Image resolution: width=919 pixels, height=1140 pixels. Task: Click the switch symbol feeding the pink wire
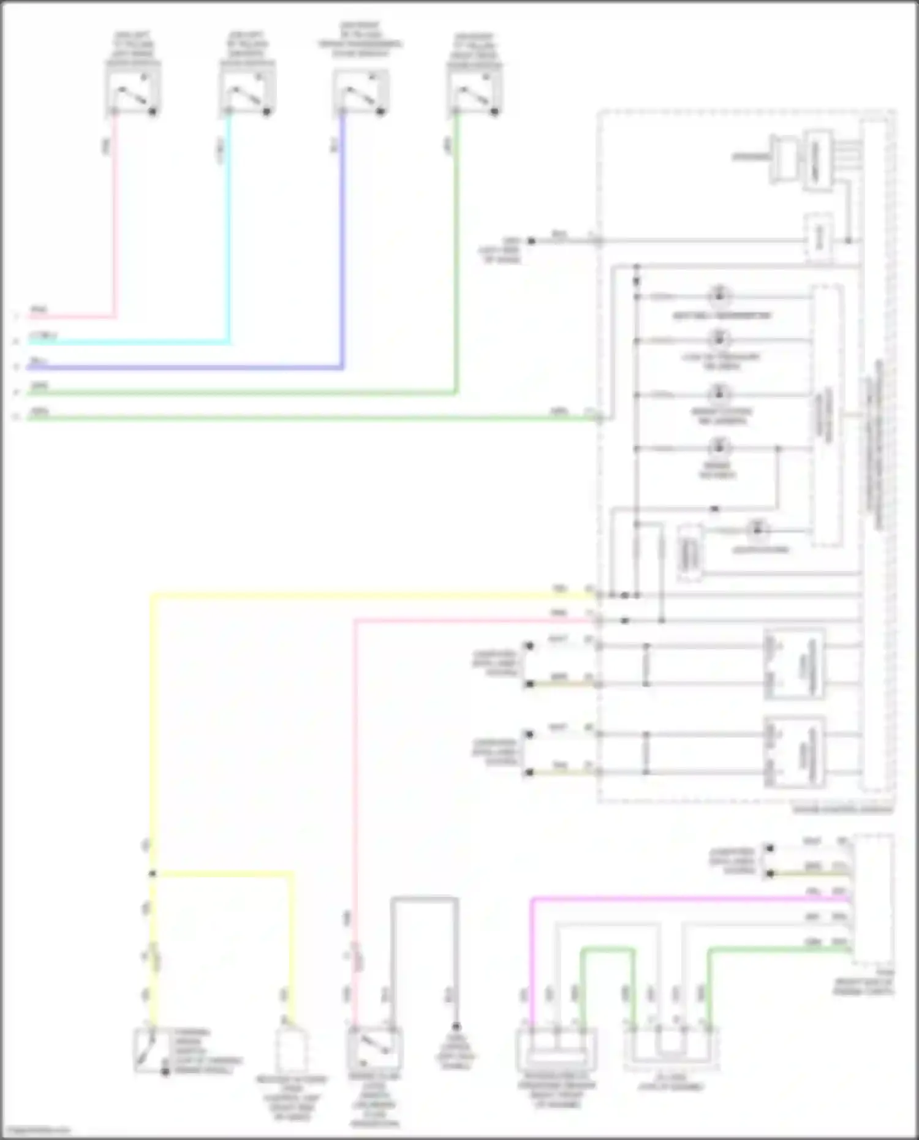(x=133, y=91)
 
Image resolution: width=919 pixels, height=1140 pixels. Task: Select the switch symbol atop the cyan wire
(x=247, y=91)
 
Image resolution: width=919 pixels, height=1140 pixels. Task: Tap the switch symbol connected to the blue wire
(x=361, y=91)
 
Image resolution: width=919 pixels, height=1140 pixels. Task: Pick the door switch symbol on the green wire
(x=475, y=91)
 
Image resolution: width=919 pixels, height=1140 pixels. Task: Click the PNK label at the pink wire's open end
(x=38, y=311)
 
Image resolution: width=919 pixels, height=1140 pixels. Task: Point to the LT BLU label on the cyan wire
(x=43, y=336)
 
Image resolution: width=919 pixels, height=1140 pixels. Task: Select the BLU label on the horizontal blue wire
(x=38, y=361)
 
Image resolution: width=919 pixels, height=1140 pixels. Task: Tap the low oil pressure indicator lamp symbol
(x=719, y=339)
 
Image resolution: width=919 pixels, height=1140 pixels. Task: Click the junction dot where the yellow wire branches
(x=153, y=874)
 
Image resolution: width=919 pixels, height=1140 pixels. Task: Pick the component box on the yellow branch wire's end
(x=292, y=1051)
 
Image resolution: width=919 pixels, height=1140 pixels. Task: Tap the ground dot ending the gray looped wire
(x=456, y=1027)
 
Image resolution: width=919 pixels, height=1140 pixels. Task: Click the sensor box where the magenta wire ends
(x=556, y=1051)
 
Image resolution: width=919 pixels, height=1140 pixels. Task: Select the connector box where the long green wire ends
(x=671, y=1050)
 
